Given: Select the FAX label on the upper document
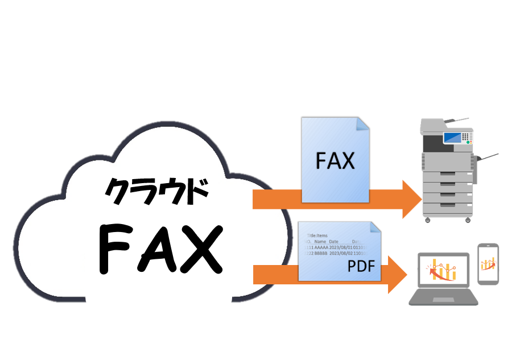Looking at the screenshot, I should tap(335, 161).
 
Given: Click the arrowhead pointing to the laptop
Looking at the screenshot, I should tap(398, 274).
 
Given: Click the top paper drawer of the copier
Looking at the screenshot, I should tap(448, 176).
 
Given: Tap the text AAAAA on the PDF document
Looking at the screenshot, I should tap(319, 247).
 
